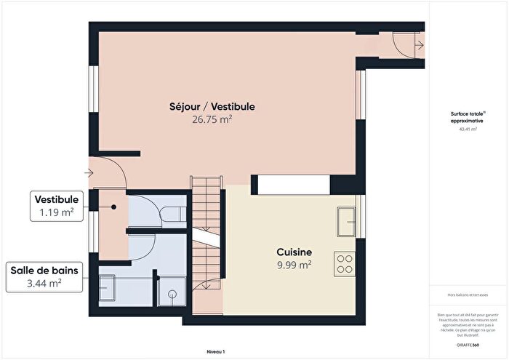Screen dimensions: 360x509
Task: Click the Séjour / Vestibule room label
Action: pos(212,107)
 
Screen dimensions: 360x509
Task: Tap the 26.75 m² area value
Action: pos(212,119)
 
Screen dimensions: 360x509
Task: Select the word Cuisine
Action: pos(294,251)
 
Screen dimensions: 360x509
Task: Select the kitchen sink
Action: pos(346,220)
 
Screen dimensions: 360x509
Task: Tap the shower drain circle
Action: pos(172,295)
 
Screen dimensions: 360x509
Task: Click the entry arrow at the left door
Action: pos(89,173)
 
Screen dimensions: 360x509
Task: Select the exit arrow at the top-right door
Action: pos(420,45)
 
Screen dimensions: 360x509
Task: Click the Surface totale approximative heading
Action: pos(467,118)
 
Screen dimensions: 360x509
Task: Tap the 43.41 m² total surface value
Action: pos(467,129)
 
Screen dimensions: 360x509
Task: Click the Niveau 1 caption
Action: pos(216,351)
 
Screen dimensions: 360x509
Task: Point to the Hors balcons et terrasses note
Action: pos(467,294)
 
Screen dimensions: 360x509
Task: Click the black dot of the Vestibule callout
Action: pos(114,207)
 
